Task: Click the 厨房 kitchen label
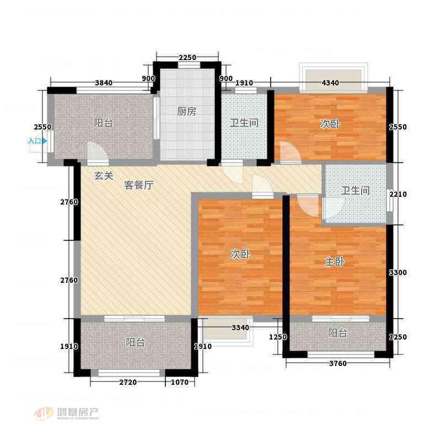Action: (x=186, y=112)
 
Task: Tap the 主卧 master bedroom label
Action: (x=335, y=262)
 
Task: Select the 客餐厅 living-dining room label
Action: (x=139, y=185)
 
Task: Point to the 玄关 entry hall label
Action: (x=104, y=176)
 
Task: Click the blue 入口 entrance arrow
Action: (x=44, y=141)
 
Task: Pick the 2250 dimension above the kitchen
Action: (x=187, y=58)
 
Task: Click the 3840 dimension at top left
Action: (x=104, y=83)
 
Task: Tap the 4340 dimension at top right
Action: (x=330, y=83)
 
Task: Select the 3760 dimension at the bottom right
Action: (x=338, y=363)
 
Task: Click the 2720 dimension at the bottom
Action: (x=128, y=382)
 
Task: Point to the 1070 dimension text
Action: (x=180, y=382)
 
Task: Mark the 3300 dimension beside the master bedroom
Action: (x=397, y=272)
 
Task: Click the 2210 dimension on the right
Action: (x=398, y=194)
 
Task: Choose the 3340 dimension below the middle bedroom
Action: (x=240, y=327)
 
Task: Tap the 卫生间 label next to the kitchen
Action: (x=244, y=123)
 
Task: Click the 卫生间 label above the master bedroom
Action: (x=355, y=191)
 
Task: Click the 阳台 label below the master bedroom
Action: (x=337, y=333)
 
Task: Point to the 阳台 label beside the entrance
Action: (x=104, y=123)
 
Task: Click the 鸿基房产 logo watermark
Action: (x=67, y=413)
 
